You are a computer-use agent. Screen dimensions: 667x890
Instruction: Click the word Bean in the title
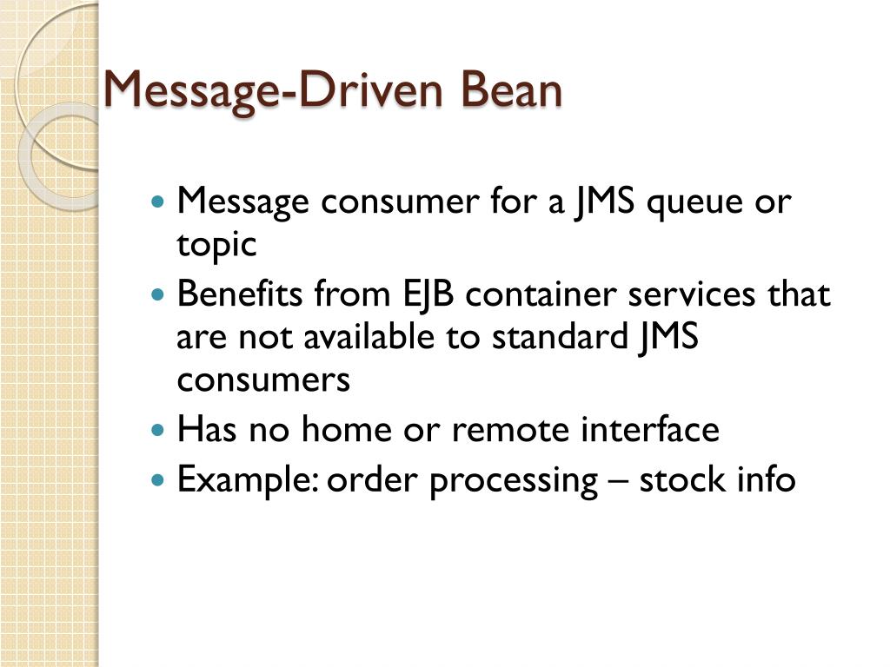[x=512, y=90]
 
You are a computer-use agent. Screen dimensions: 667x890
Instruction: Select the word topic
[x=216, y=247]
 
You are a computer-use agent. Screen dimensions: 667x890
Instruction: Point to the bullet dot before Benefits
[x=157, y=295]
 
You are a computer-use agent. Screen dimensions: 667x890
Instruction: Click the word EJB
[x=428, y=295]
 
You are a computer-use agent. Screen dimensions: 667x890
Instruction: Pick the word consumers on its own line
[x=263, y=380]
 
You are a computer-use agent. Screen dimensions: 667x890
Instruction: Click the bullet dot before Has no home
[x=157, y=430]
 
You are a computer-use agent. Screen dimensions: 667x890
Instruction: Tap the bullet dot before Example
[x=157, y=479]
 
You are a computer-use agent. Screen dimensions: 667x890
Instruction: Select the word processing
[x=514, y=480]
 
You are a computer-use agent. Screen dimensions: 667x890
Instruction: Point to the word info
[x=764, y=479]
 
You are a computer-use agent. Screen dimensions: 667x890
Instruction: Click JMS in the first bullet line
[x=604, y=203]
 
